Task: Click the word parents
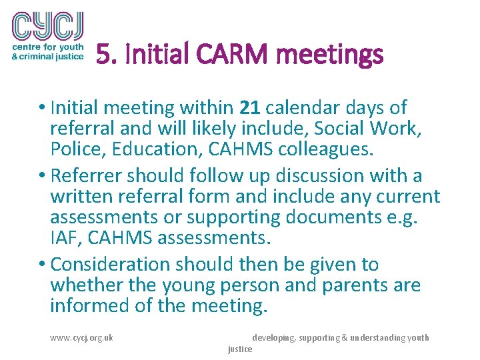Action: coord(357,285)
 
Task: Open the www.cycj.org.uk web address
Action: coord(81,337)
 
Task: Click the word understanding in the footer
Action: coord(382,338)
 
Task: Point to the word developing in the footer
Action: coord(273,338)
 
